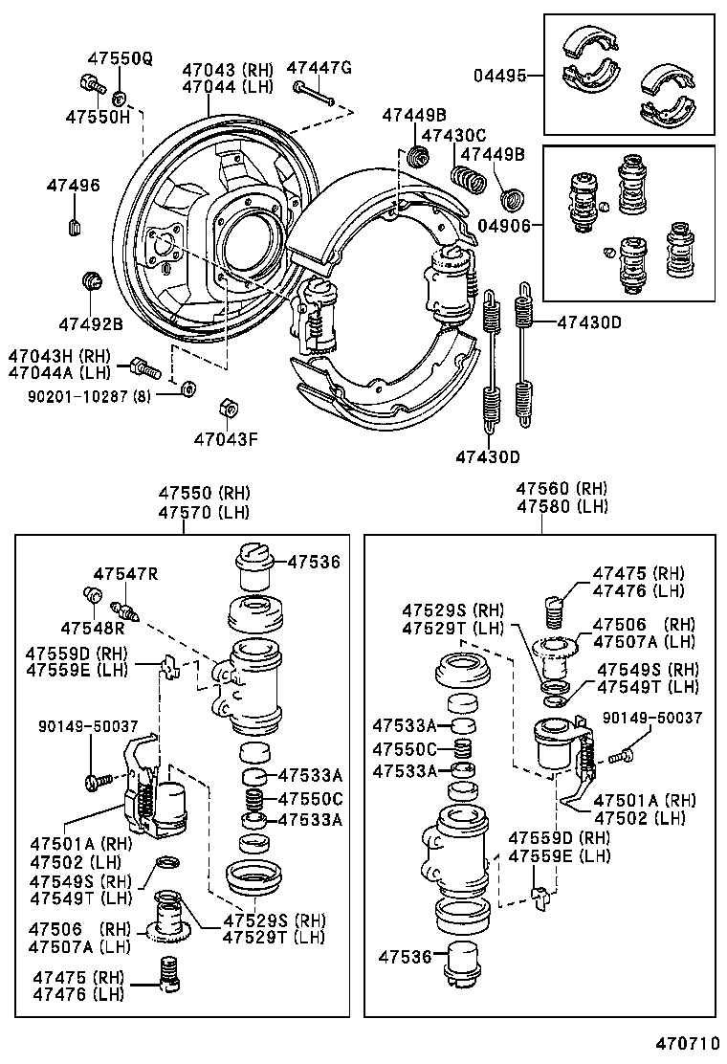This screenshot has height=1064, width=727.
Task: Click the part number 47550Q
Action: tap(119, 59)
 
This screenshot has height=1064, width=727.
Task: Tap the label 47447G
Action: tap(319, 67)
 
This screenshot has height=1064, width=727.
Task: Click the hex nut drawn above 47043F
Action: tap(229, 408)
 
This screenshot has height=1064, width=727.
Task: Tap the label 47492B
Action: tap(90, 322)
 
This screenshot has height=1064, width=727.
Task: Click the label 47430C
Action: tap(453, 136)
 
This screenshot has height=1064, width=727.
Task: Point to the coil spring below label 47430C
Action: tap(467, 178)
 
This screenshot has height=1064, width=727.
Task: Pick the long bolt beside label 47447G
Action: tap(314, 94)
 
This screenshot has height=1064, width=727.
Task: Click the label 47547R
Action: tap(124, 573)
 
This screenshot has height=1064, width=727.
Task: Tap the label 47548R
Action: tap(93, 628)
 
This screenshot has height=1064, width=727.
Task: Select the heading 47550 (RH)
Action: tap(204, 493)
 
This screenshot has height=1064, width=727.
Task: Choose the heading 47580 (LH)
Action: tap(562, 507)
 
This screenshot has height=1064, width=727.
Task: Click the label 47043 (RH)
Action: tap(228, 69)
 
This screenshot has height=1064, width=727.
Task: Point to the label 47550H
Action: tap(97, 116)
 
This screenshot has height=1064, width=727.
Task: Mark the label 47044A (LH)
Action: tap(59, 372)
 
